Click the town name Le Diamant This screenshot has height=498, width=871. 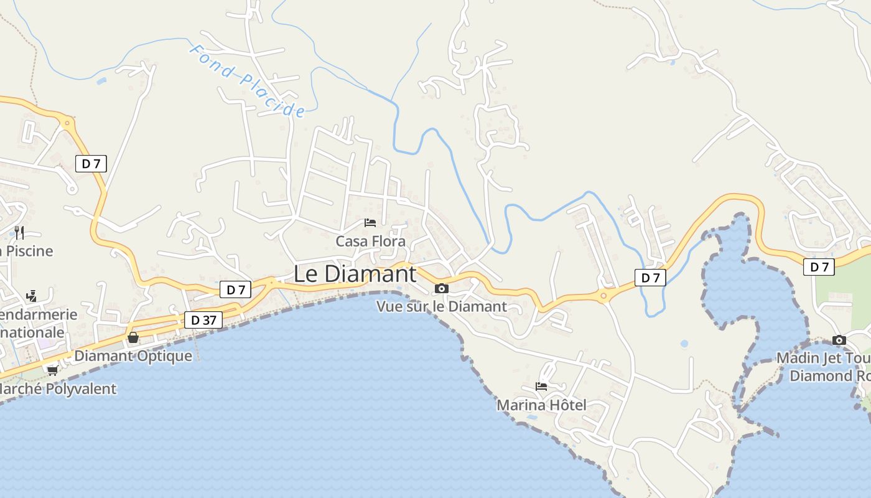point(355,274)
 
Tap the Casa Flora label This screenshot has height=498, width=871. point(370,241)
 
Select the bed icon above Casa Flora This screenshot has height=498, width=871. point(370,222)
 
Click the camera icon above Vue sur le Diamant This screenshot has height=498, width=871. point(442,288)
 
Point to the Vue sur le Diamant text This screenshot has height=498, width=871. point(442,306)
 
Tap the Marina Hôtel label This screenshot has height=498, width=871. point(541,405)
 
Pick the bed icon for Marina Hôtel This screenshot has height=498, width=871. point(541,386)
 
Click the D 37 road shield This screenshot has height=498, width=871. point(203,320)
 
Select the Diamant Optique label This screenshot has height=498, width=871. point(133,356)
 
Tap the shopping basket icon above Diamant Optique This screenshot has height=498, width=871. point(133,337)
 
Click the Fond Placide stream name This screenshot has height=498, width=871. point(247,80)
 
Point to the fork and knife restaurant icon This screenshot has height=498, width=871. point(19,233)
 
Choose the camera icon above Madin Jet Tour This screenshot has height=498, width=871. point(839,340)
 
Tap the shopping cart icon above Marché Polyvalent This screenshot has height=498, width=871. point(52,370)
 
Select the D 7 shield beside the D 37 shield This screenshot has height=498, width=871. point(235,289)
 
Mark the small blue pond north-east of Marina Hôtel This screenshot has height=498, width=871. point(684,344)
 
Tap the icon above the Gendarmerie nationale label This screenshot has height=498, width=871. point(31,296)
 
